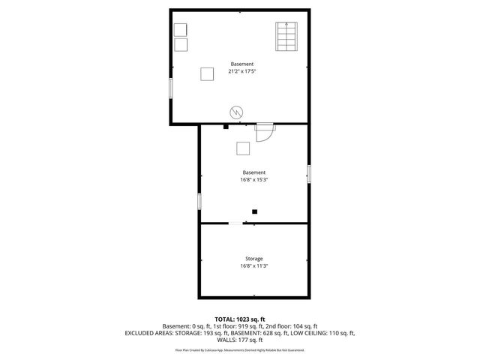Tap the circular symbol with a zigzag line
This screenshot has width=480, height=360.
click(235, 112)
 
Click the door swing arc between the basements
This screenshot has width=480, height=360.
click(263, 132)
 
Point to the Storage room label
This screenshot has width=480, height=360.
click(253, 259)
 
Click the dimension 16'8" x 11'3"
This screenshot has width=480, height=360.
click(253, 266)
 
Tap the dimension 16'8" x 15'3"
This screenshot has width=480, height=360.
click(254, 179)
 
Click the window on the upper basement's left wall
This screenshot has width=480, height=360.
click(171, 87)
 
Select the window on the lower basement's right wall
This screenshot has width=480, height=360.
click(308, 172)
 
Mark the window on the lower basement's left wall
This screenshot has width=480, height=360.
click(199, 201)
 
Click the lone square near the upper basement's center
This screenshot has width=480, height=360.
click(207, 73)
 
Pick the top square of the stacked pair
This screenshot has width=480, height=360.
click(181, 29)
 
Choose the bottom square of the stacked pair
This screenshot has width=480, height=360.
click(181, 44)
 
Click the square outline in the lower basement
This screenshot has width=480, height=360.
click(243, 148)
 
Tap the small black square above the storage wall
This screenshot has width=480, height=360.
click(255, 212)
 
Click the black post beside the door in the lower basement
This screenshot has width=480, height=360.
click(226, 127)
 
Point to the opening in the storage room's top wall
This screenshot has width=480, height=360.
click(236, 223)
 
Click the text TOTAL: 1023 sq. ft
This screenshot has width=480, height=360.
click(239, 319)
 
